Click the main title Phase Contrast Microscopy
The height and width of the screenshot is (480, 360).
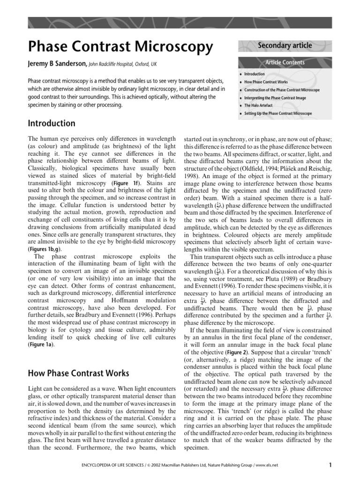(x=120, y=46)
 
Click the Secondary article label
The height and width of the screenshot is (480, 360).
(x=285, y=45)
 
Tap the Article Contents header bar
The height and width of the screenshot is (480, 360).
(x=285, y=62)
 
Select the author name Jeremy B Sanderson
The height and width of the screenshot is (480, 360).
(x=56, y=64)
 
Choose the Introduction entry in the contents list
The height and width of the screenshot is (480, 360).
(x=255, y=74)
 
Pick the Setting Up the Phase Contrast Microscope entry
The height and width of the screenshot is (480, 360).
(x=278, y=113)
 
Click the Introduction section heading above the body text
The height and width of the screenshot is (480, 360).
(x=52, y=124)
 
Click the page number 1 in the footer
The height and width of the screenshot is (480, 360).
(x=330, y=465)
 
